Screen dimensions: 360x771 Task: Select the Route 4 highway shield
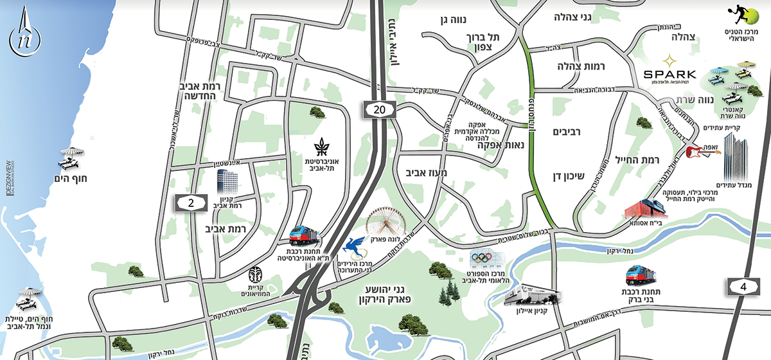743,286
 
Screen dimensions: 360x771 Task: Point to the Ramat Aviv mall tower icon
226,182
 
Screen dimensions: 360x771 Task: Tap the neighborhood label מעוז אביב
427,174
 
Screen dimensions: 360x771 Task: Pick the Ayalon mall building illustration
533,294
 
